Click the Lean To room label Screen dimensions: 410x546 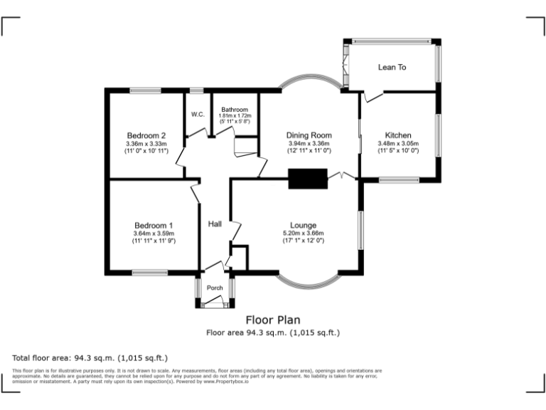(x=392, y=68)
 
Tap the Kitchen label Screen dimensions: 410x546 (x=398, y=135)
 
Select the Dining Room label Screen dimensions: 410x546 (x=309, y=135)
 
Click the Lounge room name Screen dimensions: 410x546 (x=303, y=225)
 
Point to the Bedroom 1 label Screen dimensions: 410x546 (x=154, y=226)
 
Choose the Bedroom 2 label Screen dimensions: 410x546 (x=146, y=136)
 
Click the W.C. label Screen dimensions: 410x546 (x=198, y=115)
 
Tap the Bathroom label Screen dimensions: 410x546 (x=235, y=110)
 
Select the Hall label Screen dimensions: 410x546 (x=215, y=224)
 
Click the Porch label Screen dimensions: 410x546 (x=215, y=288)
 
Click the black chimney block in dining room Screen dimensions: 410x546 (x=307, y=178)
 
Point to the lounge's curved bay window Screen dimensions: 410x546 (x=308, y=282)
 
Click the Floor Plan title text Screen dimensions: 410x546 (x=273, y=320)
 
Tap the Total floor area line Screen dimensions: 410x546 (x=90, y=357)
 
